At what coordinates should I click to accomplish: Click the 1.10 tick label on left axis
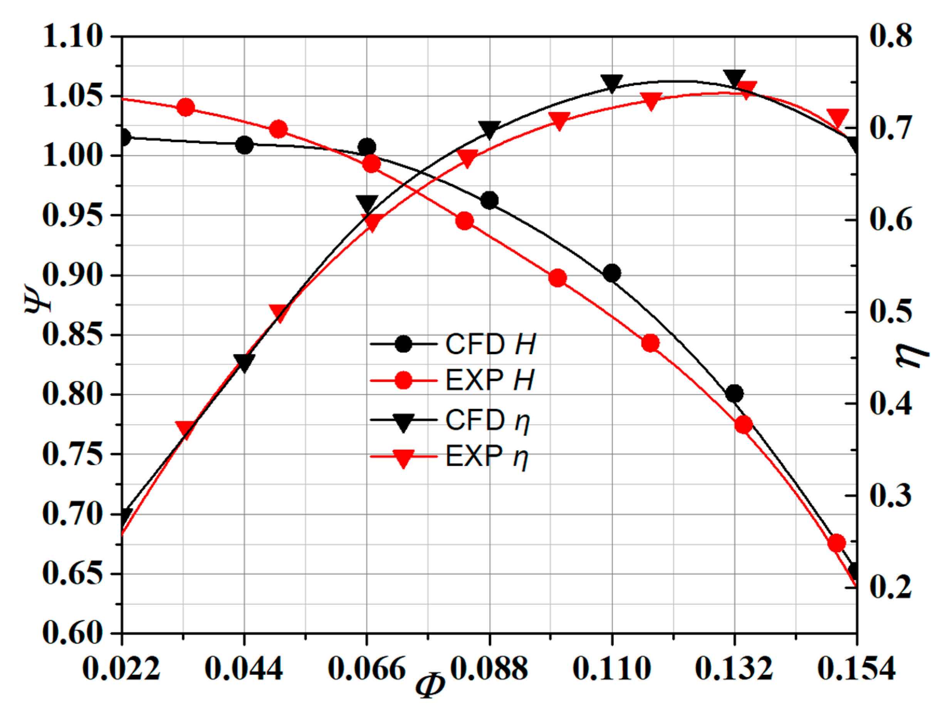(73, 37)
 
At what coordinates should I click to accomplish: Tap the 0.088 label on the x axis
(489, 669)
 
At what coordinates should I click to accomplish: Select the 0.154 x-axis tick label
(856, 669)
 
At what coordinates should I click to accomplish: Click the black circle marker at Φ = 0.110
(611, 273)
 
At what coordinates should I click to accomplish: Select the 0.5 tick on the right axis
(890, 312)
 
